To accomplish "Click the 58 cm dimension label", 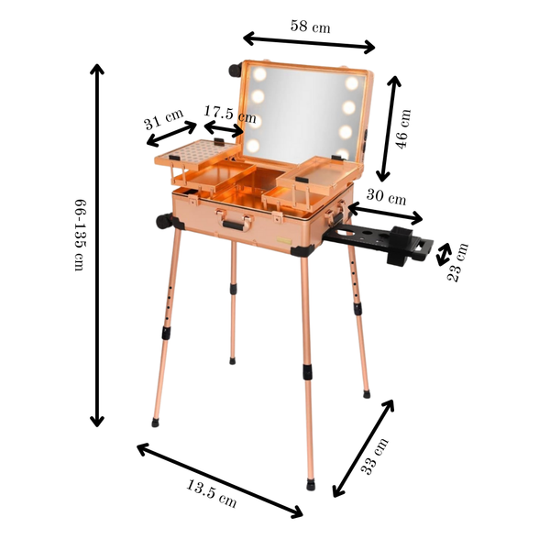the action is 310,27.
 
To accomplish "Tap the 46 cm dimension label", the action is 403,128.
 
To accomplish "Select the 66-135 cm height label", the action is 80,235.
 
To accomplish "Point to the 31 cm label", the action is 163,119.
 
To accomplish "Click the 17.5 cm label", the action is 230,114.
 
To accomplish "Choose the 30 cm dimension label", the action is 386,197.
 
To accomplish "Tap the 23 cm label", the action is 457,261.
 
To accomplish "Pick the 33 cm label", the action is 375,456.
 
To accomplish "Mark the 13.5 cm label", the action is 211,493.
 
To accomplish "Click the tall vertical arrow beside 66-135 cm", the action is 97,246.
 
